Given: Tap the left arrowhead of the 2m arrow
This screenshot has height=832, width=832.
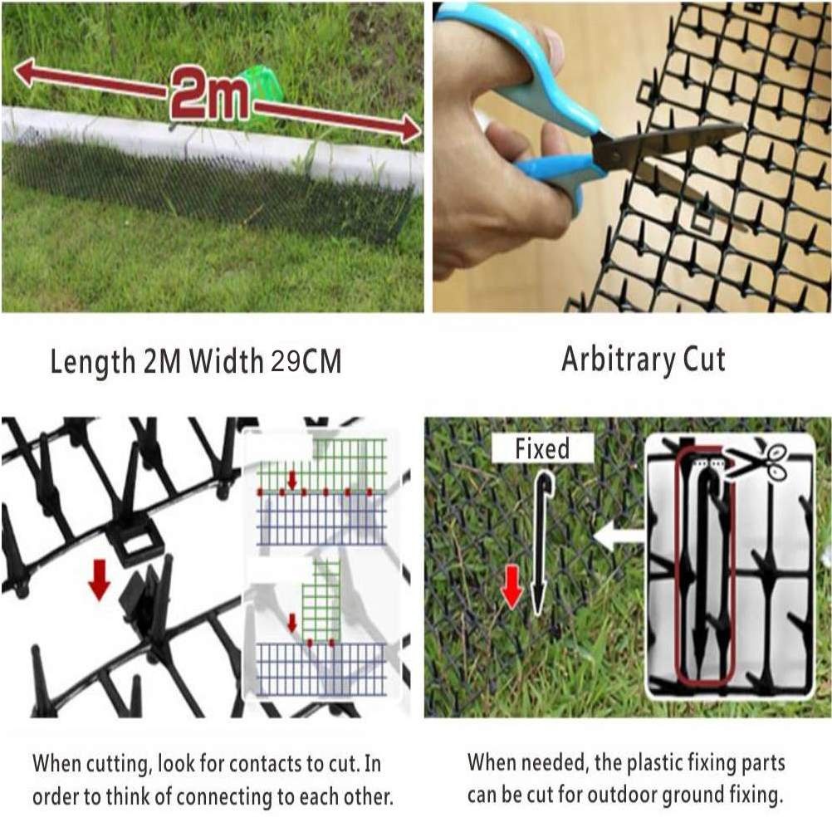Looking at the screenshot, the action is tap(26, 72).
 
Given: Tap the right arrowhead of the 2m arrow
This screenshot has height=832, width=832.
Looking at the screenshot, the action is tap(409, 129).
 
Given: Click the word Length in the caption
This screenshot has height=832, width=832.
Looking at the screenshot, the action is tap(93, 363).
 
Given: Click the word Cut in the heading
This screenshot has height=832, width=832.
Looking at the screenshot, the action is tap(704, 360).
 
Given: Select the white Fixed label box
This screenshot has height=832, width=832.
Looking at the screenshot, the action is tap(542, 448).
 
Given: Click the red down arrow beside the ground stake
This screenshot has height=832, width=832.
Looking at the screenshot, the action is tap(511, 586).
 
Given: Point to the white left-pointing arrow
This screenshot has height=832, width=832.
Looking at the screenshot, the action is tap(619, 536).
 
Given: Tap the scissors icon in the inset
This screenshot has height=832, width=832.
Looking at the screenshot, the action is tap(760, 461).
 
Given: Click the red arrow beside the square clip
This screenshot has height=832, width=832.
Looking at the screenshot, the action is tap(99, 580).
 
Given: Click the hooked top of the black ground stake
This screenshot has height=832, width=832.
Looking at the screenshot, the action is tap(546, 480).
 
